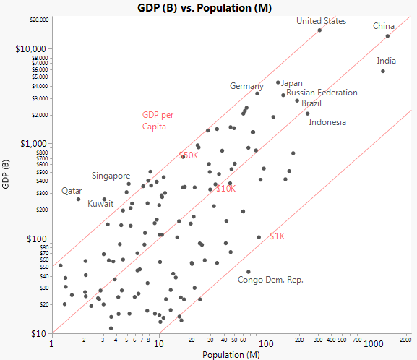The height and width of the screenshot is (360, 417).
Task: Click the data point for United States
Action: coord(319,30)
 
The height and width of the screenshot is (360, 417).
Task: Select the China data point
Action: coord(387,36)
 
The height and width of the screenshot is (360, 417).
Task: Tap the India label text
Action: coord(387,61)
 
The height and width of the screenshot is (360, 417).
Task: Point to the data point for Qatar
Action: coord(79,199)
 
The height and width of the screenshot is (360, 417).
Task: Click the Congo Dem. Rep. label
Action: coord(270,280)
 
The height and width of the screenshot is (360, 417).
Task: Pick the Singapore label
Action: coord(111,176)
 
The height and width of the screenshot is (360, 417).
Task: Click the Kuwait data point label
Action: coord(101,204)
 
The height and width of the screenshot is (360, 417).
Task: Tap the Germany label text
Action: coord(246,86)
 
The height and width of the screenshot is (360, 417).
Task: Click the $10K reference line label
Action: coord(225,189)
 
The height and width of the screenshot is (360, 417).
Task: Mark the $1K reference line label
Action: coord(278,236)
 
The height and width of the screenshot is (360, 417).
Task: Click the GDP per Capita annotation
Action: coord(158,120)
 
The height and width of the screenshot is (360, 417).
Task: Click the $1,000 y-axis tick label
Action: coord(35,143)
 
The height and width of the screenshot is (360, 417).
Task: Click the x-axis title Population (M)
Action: coord(232,354)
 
